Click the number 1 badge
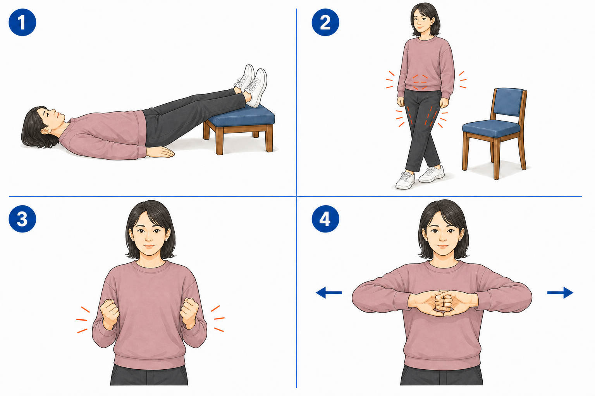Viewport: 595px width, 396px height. tap(22, 22)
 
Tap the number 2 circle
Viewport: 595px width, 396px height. tap(325, 22)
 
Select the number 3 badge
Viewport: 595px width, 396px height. tap(22, 219)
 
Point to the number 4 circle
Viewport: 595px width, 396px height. tap(325, 219)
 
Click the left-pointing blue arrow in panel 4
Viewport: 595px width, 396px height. tap(328, 293)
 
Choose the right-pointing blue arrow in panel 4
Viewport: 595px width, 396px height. tap(560, 293)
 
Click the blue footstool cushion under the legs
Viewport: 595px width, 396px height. tap(241, 116)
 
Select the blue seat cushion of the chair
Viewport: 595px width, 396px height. tap(492, 128)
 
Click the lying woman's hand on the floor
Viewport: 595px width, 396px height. tap(160, 152)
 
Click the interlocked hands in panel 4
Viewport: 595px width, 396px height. tap(443, 303)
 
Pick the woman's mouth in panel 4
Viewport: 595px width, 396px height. tap(443, 246)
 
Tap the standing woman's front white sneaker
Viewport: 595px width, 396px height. tap(405, 180)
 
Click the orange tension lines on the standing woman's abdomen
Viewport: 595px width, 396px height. tap(420, 82)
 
